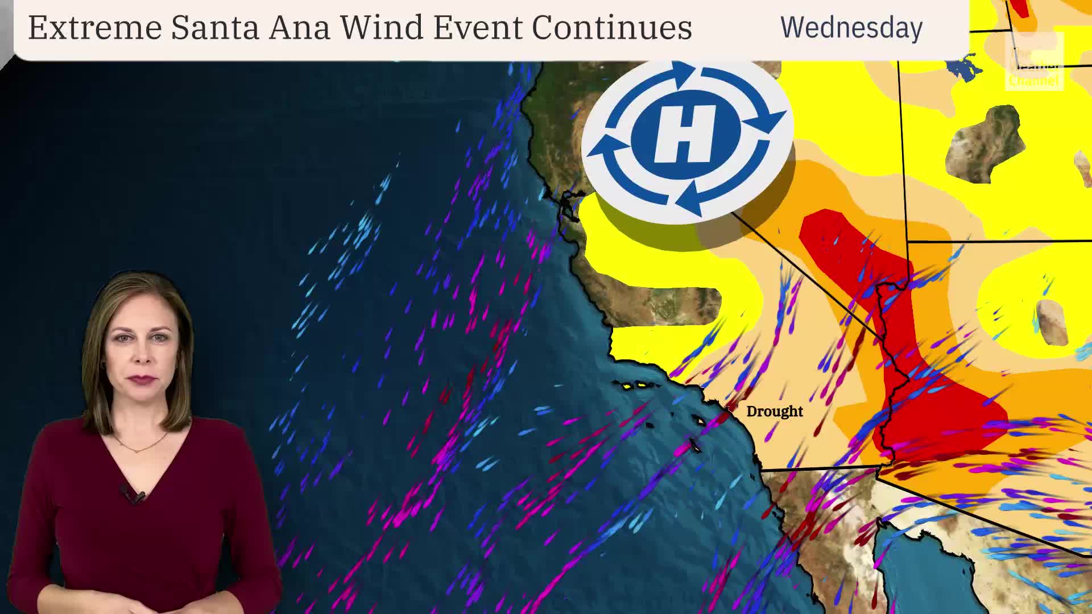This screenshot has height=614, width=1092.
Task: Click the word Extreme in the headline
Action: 94,27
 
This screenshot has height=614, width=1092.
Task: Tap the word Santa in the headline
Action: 215,27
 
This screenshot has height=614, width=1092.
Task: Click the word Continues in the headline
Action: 612,27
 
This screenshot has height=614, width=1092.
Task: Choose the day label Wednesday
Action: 851,27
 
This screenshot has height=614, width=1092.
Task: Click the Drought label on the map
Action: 774,411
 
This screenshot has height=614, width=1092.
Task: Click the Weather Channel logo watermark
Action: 1033,63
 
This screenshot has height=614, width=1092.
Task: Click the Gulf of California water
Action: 910,569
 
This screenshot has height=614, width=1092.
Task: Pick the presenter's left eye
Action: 160,337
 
